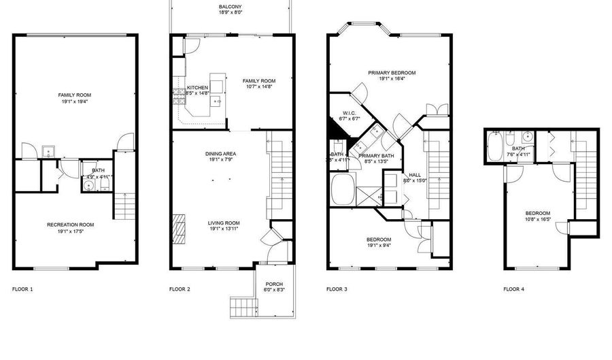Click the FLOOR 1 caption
click(22, 289)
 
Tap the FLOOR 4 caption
click(514, 289)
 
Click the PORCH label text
click(274, 284)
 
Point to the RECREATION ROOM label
click(70, 225)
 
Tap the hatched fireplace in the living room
click(180, 229)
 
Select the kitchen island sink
click(216, 101)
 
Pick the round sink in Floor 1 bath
click(88, 184)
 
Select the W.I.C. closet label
click(350, 113)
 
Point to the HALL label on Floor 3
click(415, 174)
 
